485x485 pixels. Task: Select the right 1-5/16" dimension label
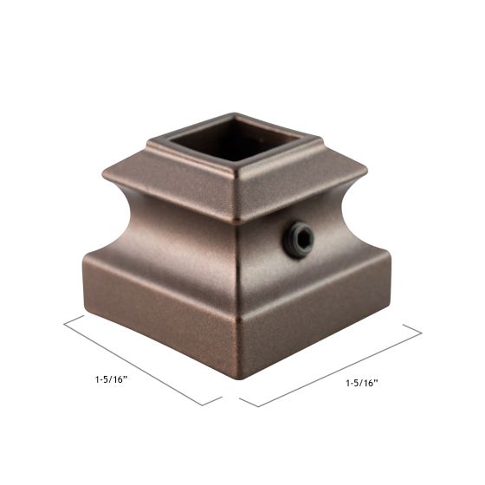362,382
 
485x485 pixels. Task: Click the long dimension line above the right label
329,364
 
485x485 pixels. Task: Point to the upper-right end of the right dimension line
421,330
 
